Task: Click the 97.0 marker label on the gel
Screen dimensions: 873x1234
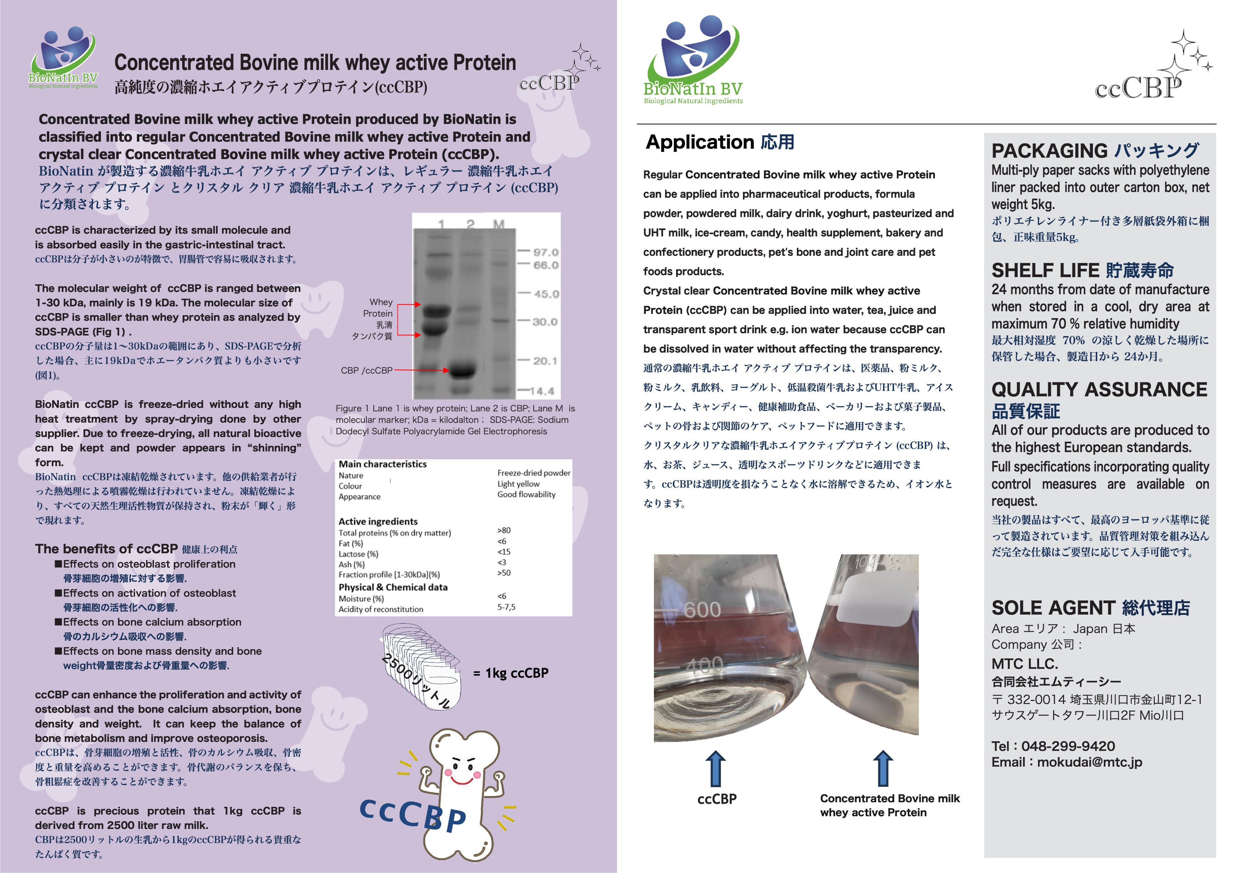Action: pos(546,252)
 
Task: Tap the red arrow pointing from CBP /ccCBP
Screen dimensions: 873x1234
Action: pos(421,371)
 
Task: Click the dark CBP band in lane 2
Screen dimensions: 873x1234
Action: pos(462,371)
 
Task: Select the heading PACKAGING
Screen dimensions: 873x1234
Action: pos(1049,151)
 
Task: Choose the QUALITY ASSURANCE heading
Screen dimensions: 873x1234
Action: pos(1099,389)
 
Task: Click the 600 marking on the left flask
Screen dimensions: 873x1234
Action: pos(702,609)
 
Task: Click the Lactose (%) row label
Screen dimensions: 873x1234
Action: pos(358,554)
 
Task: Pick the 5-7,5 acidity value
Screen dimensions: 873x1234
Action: pos(506,607)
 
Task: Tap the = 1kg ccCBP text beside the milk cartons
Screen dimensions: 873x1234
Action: pos(510,673)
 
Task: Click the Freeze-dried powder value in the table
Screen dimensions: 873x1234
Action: pos(534,473)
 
